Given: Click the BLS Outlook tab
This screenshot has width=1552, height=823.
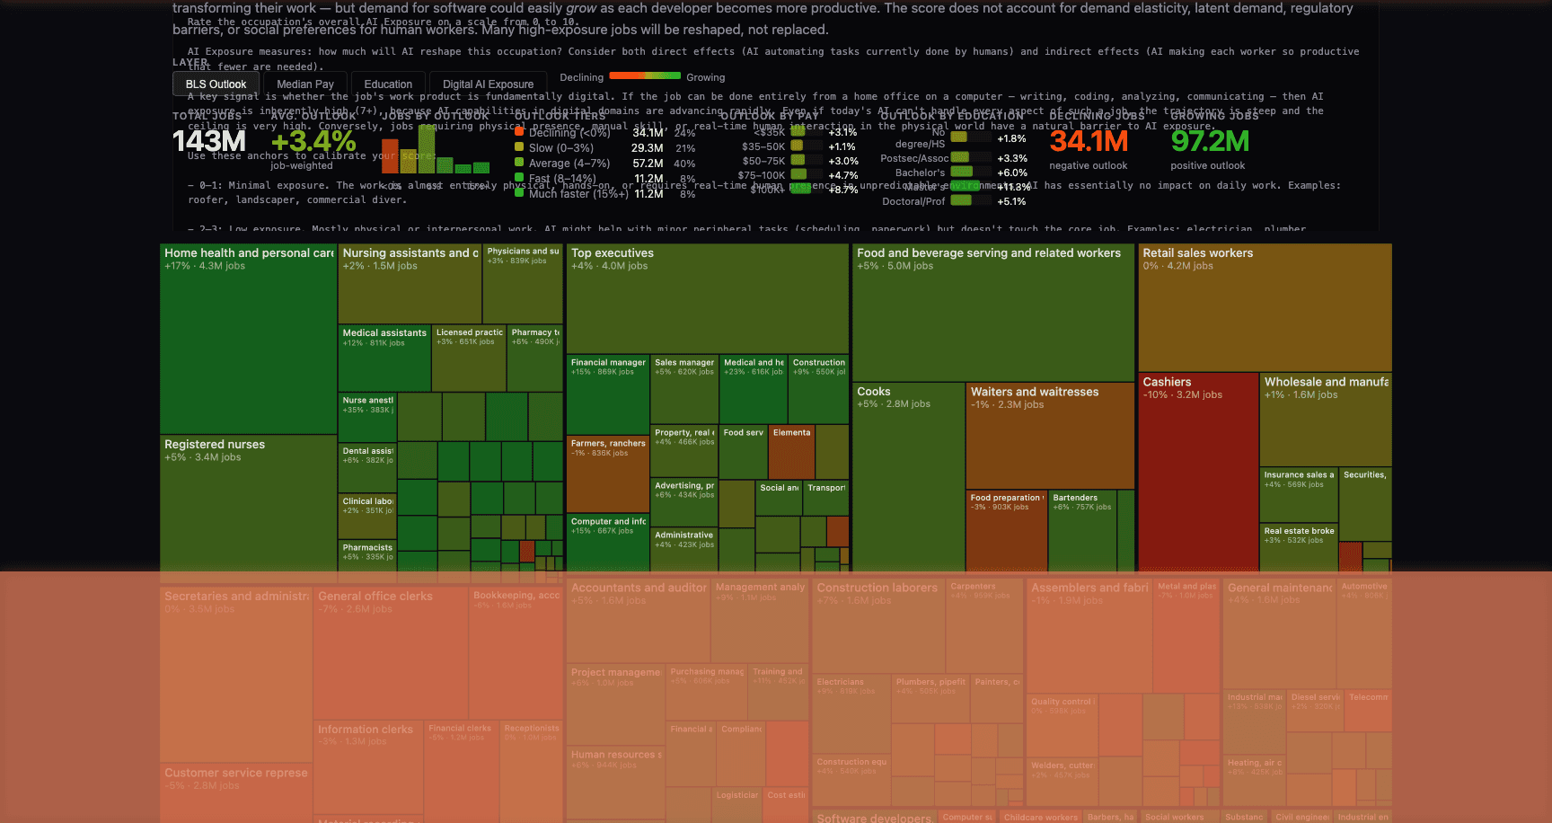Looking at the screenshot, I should coord(216,84).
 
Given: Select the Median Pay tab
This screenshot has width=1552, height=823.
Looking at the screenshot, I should coord(305,84).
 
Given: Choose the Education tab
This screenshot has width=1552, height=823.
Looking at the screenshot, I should coord(388,84).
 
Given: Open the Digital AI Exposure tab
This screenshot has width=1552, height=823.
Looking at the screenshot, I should coord(488,84).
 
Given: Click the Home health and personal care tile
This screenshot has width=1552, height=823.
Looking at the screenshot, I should coord(249,341).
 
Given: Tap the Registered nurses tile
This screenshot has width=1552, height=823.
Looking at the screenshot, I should coord(249,503).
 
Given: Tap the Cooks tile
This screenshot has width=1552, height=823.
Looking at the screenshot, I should coord(908,476).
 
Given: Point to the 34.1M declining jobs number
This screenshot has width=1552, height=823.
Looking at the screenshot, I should coord(1089,142).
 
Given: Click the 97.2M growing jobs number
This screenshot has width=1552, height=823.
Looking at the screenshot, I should coord(1210,142).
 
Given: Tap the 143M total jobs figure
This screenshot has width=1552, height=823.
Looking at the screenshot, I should coord(209,142).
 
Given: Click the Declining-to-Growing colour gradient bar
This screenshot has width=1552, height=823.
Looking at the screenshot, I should coord(645,76).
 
